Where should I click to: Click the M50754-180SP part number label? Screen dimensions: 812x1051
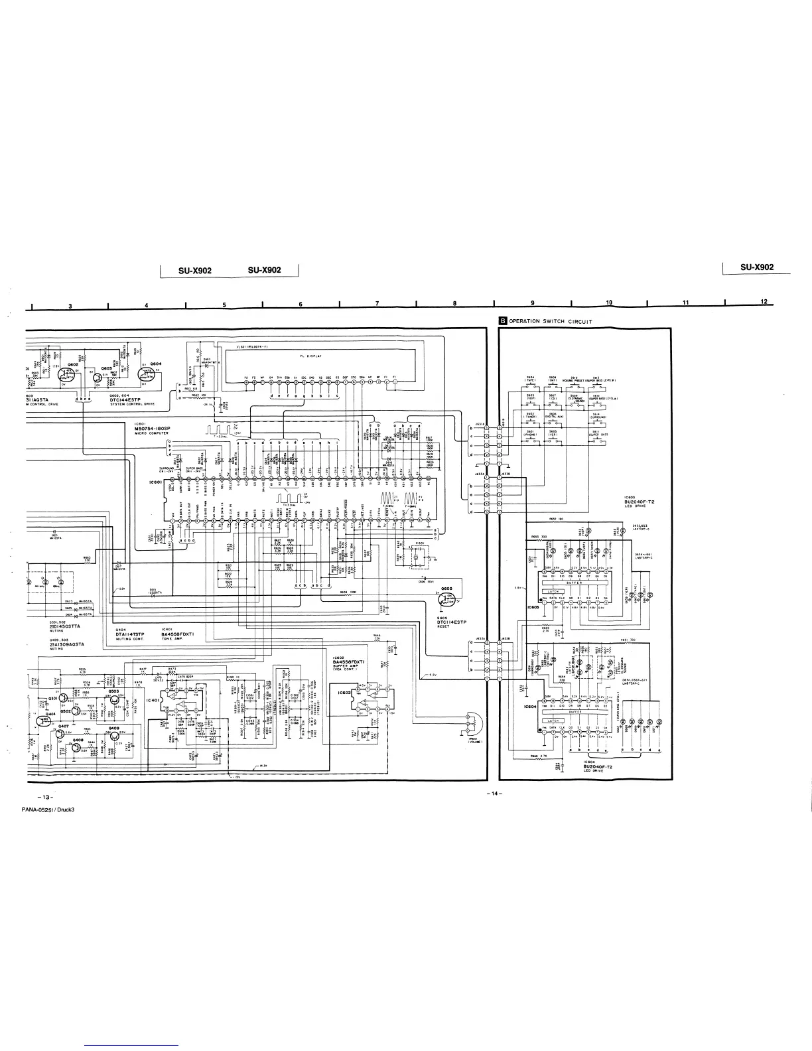[159, 428]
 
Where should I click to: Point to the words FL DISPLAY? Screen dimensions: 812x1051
[310, 356]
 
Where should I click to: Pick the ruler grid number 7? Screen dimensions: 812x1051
[377, 304]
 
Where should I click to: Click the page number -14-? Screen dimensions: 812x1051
[493, 795]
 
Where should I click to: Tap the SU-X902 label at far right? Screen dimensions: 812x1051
[757, 267]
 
